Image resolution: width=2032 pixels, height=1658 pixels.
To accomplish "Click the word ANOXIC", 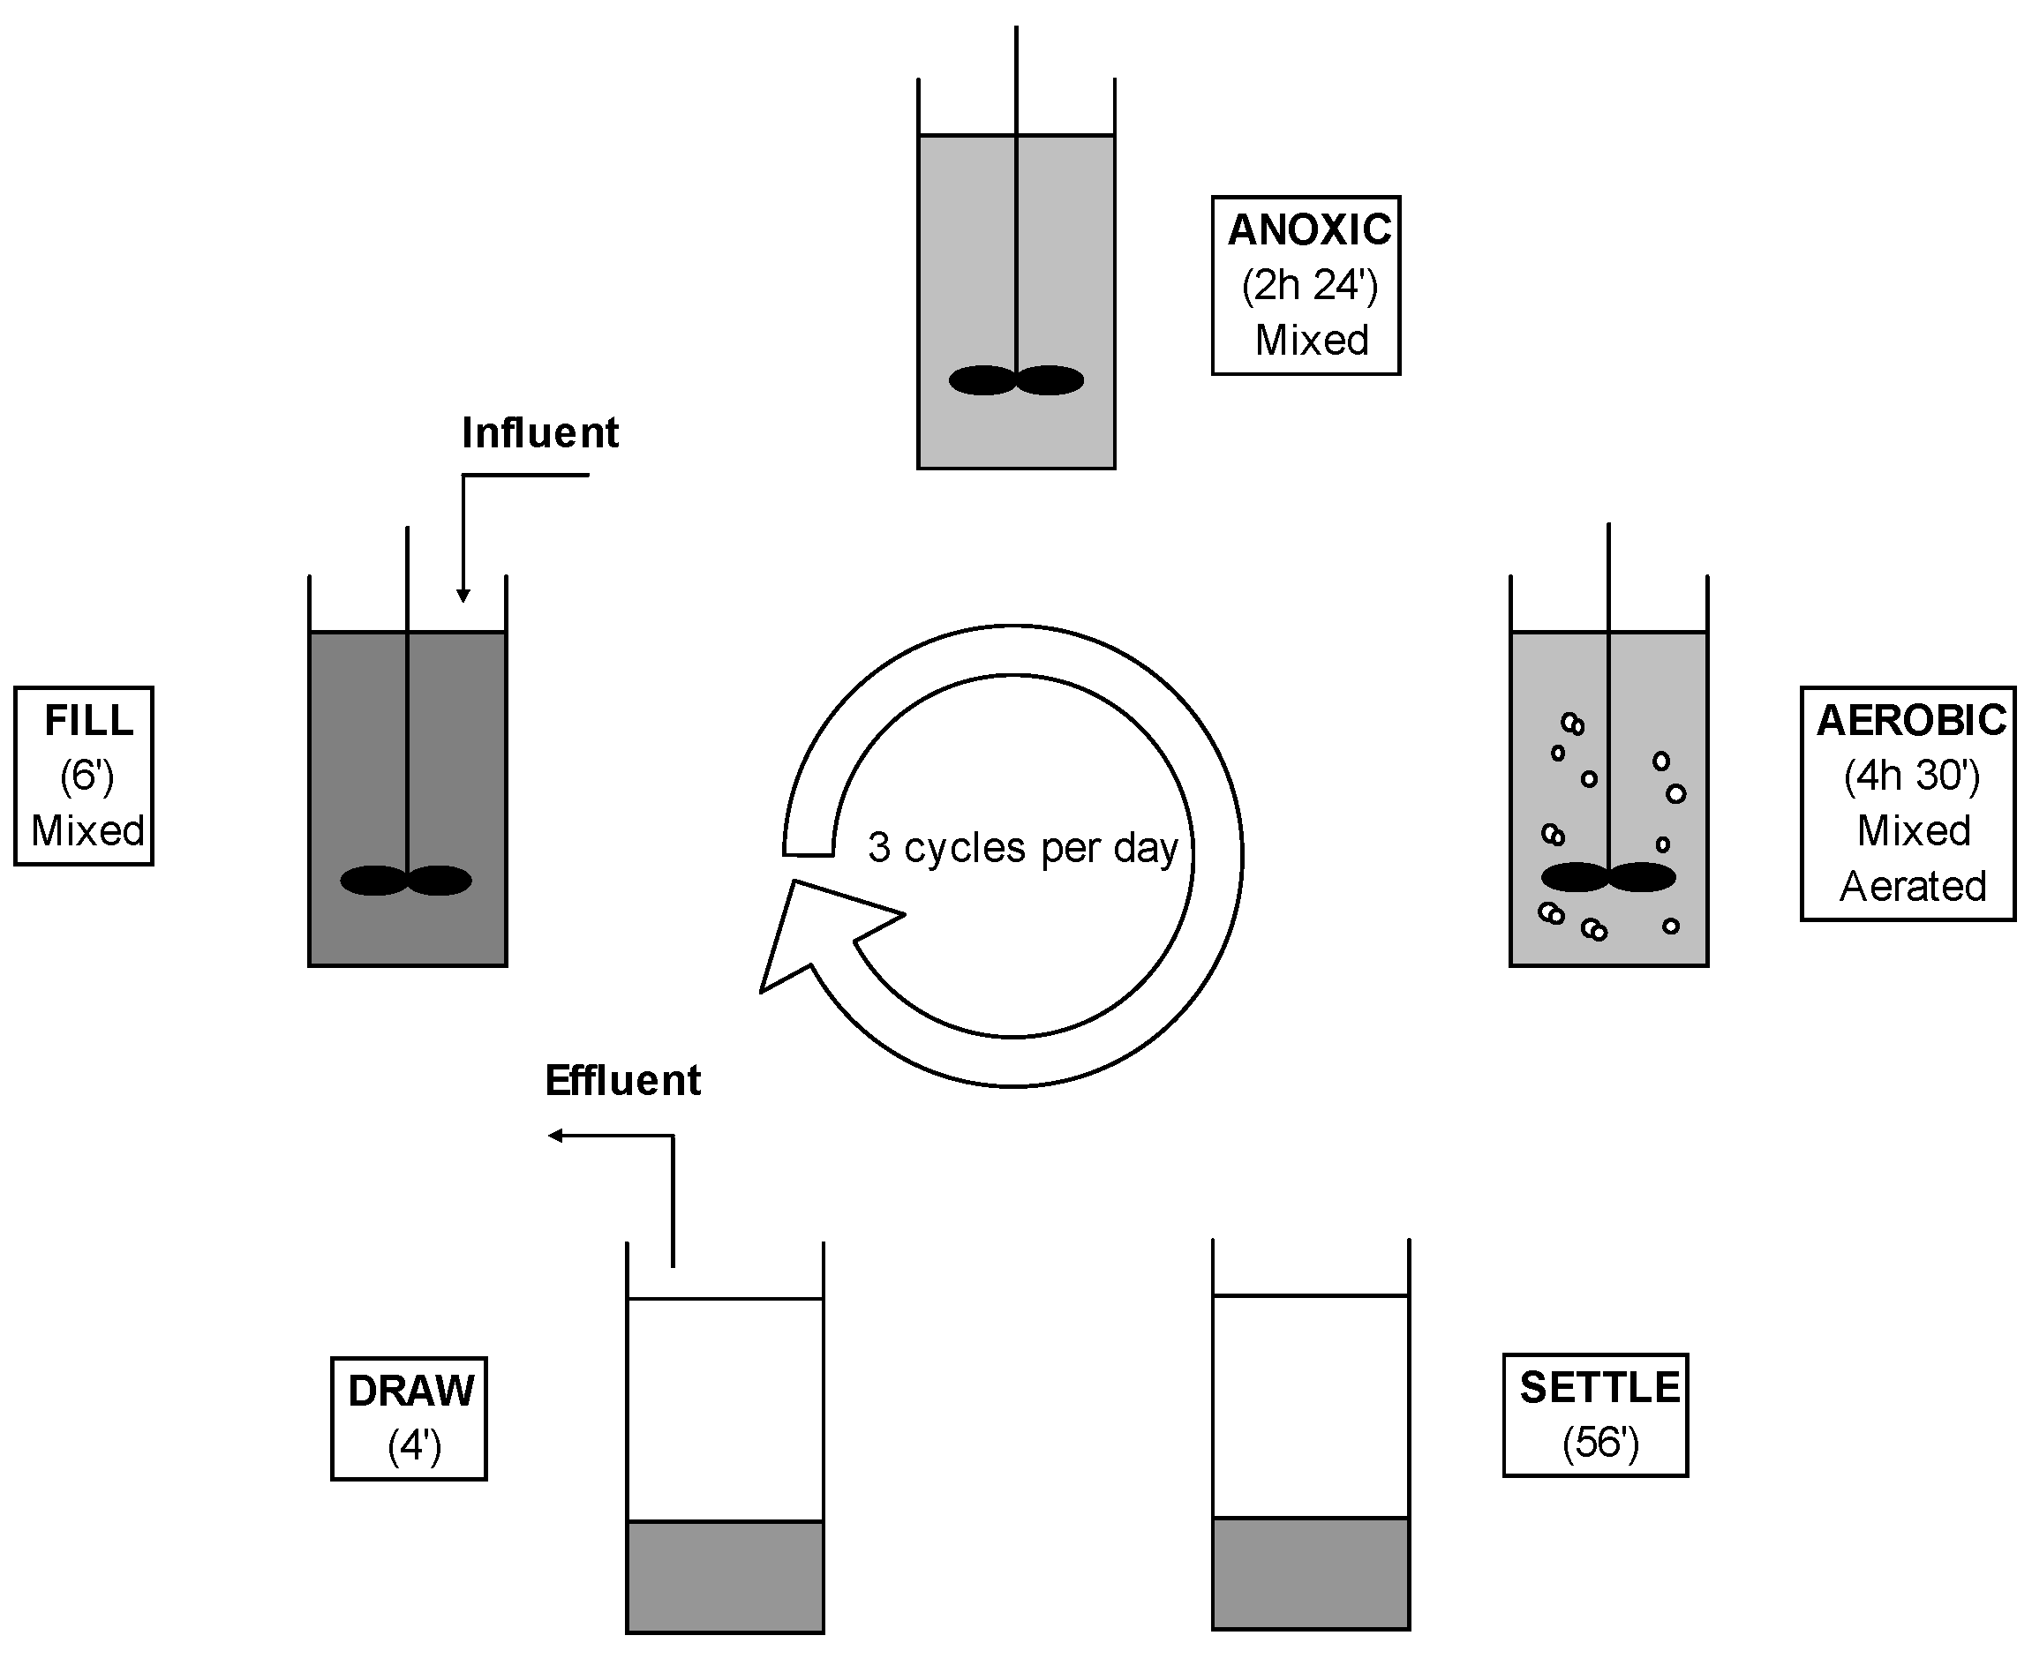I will pos(1310,230).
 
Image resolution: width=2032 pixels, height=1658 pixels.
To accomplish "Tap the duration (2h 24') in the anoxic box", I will pos(1310,286).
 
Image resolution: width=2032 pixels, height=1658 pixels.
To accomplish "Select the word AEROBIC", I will pos(1911,721).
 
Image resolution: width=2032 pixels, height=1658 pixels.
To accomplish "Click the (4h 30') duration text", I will pos(1912,776).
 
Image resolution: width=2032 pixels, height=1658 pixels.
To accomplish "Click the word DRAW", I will pos(410,1392).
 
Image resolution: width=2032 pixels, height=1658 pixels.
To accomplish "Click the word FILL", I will pos(89,721).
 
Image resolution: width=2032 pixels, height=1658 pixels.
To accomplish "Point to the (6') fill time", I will pos(87,776).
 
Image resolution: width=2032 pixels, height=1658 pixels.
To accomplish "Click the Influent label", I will pos(539,433).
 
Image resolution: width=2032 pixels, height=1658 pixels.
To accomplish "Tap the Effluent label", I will pos(623,1081).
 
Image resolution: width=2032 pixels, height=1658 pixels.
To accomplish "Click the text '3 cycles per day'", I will pos(1023,848).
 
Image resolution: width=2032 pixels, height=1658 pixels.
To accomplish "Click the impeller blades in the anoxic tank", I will pos(1015,380).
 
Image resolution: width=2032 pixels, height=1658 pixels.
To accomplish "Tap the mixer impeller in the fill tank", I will pos(406,881).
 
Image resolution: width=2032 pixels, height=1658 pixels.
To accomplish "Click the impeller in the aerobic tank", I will pos(1609,877).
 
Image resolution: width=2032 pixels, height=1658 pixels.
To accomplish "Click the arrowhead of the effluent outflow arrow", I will pos(555,1136).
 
